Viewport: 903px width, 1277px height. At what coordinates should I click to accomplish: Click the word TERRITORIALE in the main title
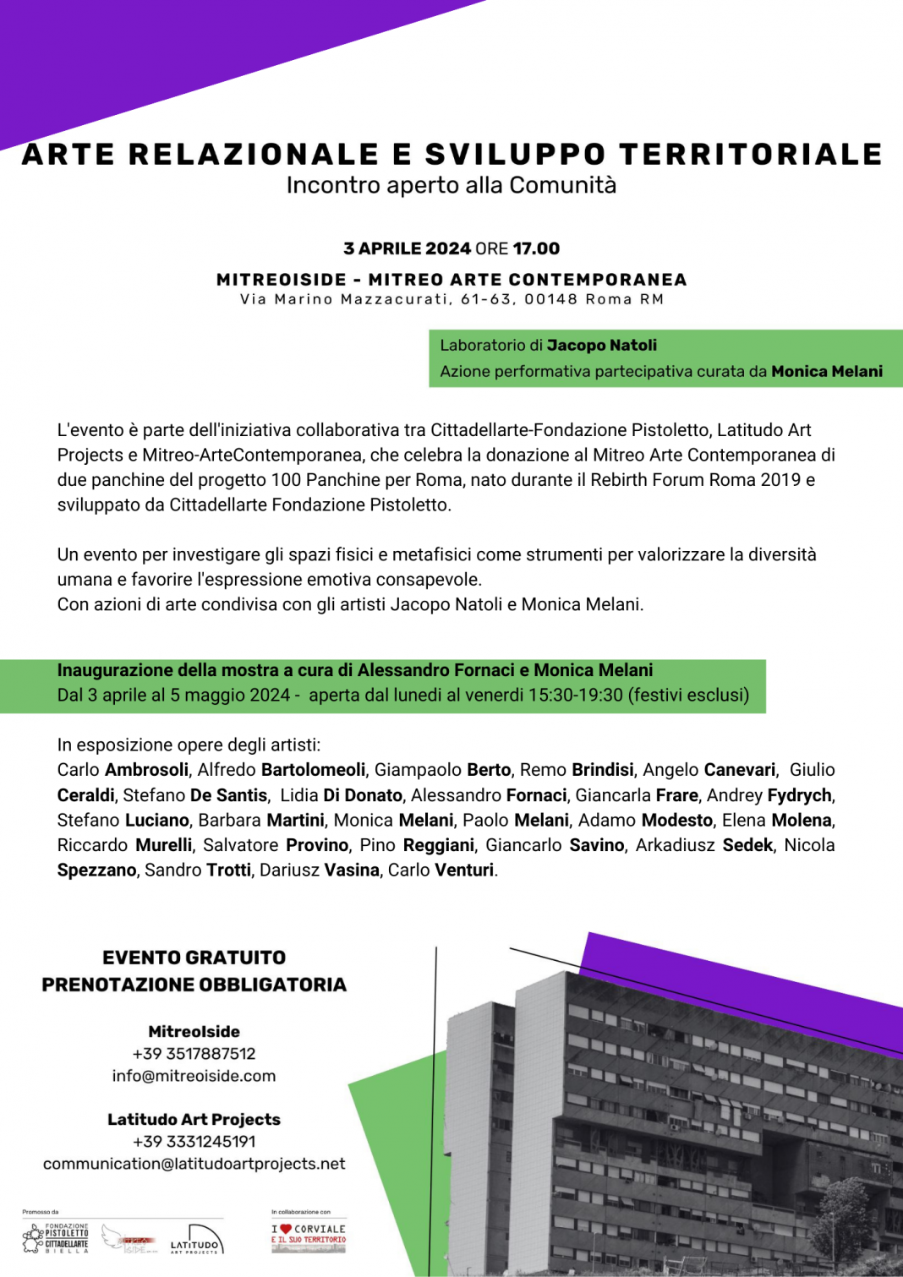click(x=751, y=155)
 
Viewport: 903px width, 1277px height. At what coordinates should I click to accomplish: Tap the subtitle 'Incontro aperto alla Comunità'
click(x=451, y=185)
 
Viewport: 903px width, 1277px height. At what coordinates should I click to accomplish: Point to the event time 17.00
click(x=536, y=248)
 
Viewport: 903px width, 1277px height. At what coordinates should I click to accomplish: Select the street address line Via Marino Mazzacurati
click(x=451, y=299)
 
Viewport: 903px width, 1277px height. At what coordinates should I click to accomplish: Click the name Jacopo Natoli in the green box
click(x=601, y=345)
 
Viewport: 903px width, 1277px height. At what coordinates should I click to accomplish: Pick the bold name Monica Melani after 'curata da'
click(x=826, y=371)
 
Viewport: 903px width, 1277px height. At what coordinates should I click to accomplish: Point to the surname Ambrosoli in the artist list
click(x=146, y=770)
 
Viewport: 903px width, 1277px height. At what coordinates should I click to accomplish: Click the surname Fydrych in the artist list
click(x=799, y=795)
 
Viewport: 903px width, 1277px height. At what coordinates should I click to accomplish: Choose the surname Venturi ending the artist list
click(x=463, y=870)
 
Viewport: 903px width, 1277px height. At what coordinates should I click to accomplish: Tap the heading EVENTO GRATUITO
click(x=194, y=958)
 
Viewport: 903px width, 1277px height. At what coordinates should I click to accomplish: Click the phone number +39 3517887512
click(x=194, y=1054)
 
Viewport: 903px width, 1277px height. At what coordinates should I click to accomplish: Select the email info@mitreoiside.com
click(x=194, y=1076)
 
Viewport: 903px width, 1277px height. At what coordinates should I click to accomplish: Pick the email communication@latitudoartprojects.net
click(x=194, y=1164)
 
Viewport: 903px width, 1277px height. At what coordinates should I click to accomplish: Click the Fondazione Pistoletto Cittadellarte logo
click(x=56, y=1238)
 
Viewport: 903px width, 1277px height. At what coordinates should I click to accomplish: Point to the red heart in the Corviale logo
click(x=286, y=1229)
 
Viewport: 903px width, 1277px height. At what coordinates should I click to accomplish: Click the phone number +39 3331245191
click(x=194, y=1142)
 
